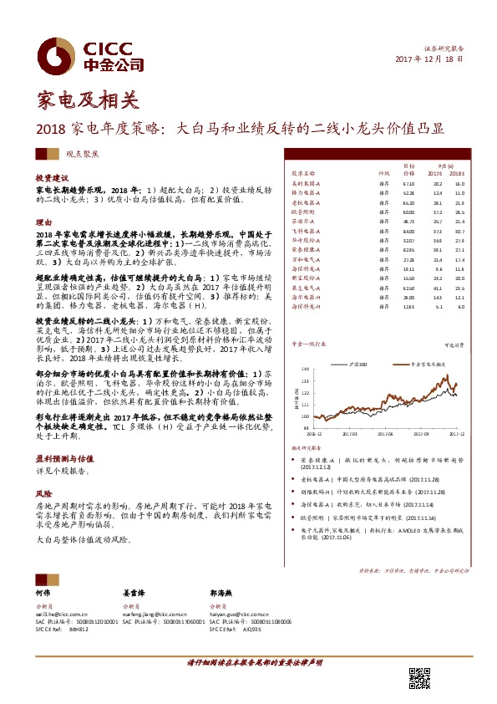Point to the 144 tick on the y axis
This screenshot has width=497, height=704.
[305, 344]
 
